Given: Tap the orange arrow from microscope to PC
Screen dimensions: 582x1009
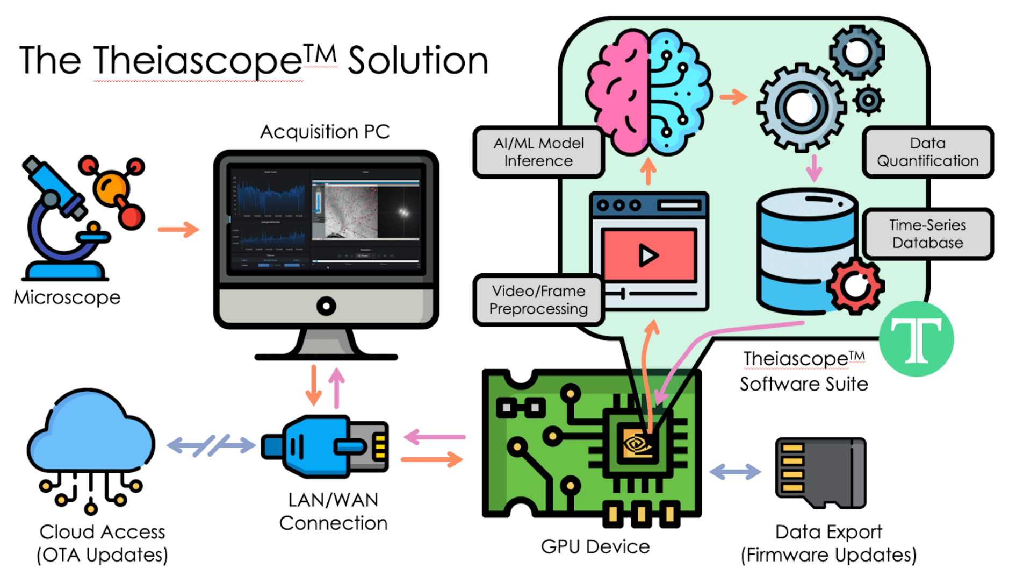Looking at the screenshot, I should click(x=178, y=230).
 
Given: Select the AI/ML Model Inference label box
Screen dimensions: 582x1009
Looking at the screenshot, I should click(x=538, y=152).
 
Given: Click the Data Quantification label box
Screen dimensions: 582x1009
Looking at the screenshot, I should click(x=927, y=152).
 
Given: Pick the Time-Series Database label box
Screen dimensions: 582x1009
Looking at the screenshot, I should click(x=927, y=234).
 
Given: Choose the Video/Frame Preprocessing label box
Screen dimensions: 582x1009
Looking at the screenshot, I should click(x=538, y=300).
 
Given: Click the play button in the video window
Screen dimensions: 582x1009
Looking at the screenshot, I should click(x=648, y=255).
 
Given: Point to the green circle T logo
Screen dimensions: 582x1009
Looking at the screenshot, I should click(x=916, y=339).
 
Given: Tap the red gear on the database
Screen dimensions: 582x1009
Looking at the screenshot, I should click(x=854, y=286).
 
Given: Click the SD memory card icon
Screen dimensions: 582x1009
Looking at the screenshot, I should click(x=820, y=472).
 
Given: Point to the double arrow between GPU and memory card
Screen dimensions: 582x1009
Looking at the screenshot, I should click(x=735, y=472).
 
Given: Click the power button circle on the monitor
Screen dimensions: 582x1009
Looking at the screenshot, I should click(x=326, y=306).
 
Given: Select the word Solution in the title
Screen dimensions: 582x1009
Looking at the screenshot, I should click(x=417, y=60).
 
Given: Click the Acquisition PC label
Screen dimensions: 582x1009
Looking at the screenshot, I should click(x=325, y=132).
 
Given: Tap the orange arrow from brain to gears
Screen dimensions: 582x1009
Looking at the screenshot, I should click(x=733, y=97).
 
